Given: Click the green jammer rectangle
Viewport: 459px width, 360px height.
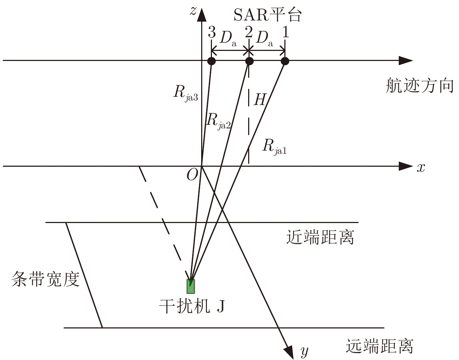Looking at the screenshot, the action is pyautogui.click(x=190, y=286).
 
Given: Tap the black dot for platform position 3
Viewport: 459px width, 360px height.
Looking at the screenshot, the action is pyautogui.click(x=212, y=61).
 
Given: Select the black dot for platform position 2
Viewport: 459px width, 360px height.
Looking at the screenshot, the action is pyautogui.click(x=249, y=61).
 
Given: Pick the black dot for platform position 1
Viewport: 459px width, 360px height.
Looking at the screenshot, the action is pyautogui.click(x=285, y=61).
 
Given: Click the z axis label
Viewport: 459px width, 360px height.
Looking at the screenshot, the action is pyautogui.click(x=193, y=11).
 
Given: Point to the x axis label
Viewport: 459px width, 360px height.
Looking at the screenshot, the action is pyautogui.click(x=421, y=168).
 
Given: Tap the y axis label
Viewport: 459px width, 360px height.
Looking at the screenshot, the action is pyautogui.click(x=304, y=352).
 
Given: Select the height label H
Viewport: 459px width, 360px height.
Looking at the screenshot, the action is pyautogui.click(x=260, y=99).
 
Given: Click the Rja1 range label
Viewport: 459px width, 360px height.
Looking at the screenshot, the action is pyautogui.click(x=274, y=147).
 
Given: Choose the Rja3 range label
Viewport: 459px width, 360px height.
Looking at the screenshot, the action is pyautogui.click(x=186, y=94).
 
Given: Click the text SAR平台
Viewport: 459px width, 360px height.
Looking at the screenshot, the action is pyautogui.click(x=268, y=15).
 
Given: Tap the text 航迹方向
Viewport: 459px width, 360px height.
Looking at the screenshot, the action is pyautogui.click(x=420, y=85).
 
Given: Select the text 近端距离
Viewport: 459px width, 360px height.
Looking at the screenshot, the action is pyautogui.click(x=320, y=237).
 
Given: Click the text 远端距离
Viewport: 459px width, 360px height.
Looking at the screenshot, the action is pyautogui.click(x=379, y=346).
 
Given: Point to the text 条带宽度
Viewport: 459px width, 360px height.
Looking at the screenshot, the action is pyautogui.click(x=46, y=279).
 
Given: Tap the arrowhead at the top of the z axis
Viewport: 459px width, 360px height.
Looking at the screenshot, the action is pyautogui.click(x=202, y=15).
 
